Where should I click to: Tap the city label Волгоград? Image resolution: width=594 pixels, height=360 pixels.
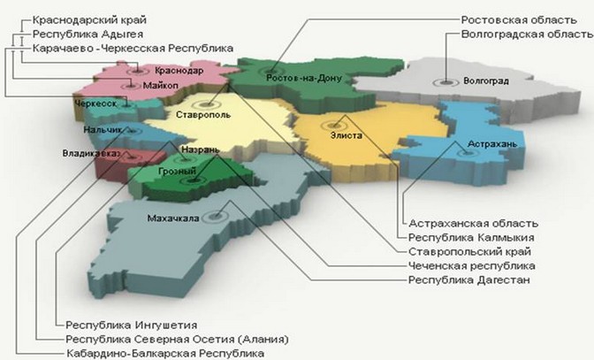click(484, 81)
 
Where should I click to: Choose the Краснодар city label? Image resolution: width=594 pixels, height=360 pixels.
click(179, 70)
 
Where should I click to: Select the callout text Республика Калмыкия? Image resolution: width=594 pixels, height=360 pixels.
click(465, 237)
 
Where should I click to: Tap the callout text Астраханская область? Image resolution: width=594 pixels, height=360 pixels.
click(473, 223)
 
